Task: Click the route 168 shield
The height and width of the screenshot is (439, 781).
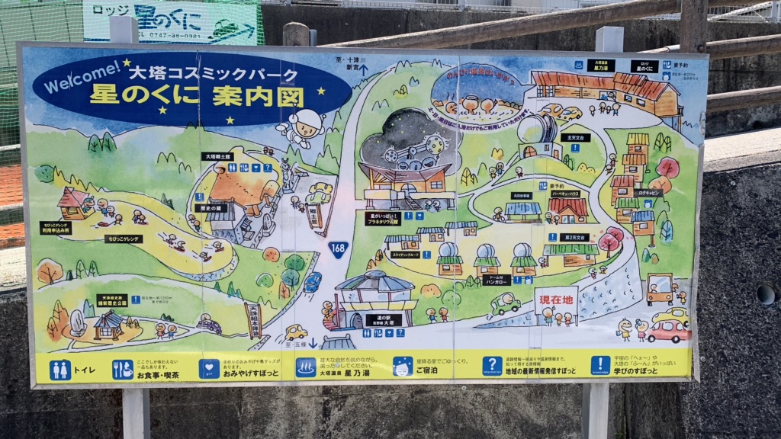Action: pyautogui.click(x=338, y=248)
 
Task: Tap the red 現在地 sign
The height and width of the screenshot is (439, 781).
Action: pyautogui.click(x=556, y=300)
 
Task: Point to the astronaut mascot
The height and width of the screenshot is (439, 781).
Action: pyautogui.click(x=303, y=126)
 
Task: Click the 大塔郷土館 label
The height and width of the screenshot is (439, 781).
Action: pyautogui.click(x=217, y=156)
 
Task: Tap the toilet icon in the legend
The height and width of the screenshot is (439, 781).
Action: pyautogui.click(x=60, y=370)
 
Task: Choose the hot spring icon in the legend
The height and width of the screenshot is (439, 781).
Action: pyautogui.click(x=306, y=367)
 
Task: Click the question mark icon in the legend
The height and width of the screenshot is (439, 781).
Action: pyautogui.click(x=492, y=367)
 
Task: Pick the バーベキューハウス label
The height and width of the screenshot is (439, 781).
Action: pyautogui.click(x=567, y=194)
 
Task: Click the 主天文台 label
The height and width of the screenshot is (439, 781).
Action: pyautogui.click(x=574, y=138)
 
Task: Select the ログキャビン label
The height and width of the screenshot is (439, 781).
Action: pyautogui.click(x=648, y=193)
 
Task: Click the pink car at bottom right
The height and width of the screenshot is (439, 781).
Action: pyautogui.click(x=668, y=331)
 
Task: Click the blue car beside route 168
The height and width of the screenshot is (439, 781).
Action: pyautogui.click(x=312, y=282)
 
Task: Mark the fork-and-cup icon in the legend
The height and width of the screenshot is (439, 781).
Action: pyautogui.click(x=123, y=370)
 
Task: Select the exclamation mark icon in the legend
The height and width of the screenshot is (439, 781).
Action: pyautogui.click(x=600, y=366)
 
